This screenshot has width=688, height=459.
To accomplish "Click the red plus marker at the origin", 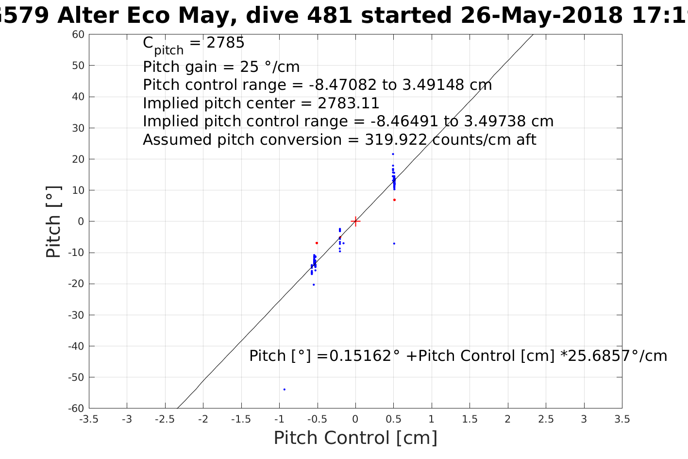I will (355, 221).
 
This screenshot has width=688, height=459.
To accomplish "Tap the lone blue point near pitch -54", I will (285, 389).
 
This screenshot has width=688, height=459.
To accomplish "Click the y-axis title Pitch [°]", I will (53, 221).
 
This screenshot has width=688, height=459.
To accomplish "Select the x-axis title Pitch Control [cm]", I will (355, 438).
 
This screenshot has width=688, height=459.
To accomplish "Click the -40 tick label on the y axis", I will (75, 346).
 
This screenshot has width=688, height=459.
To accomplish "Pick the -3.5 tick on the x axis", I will (89, 419).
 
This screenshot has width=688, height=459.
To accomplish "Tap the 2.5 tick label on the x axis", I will (546, 419).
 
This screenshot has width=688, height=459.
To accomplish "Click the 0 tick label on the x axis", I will (355, 419).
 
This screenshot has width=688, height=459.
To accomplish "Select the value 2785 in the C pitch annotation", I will (225, 43).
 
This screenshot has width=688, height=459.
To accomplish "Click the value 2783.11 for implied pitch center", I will (348, 103).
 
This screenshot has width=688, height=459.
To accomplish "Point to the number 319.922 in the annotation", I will (396, 140).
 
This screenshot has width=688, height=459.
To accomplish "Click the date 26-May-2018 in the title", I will (541, 16).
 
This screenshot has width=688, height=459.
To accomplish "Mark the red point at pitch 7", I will (394, 200).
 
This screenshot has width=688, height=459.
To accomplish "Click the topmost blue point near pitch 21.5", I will (393, 154).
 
